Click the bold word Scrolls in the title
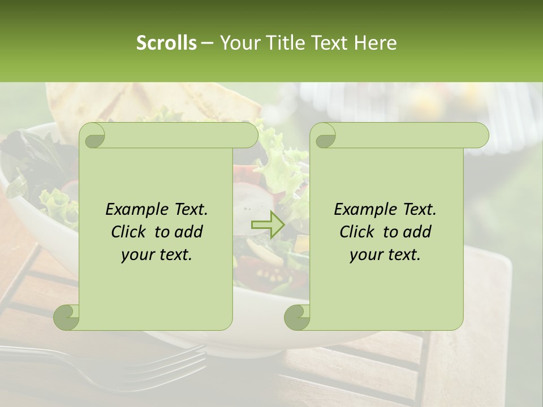[166, 43]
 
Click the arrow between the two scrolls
[267, 224]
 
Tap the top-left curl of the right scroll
[324, 136]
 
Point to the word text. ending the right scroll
[403, 254]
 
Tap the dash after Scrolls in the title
[208, 43]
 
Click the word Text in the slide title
[329, 43]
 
